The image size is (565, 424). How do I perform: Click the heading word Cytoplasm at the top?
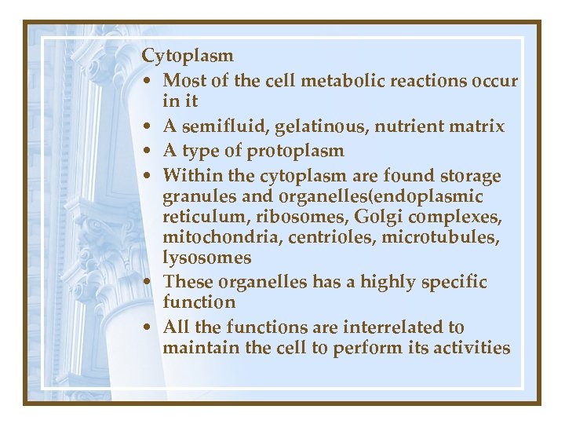pyautogui.click(x=188, y=57)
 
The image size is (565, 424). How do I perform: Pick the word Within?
pyautogui.click(x=190, y=174)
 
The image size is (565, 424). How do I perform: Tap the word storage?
pyautogui.click(x=470, y=174)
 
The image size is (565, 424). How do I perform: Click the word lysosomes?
pyautogui.click(x=207, y=258)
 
